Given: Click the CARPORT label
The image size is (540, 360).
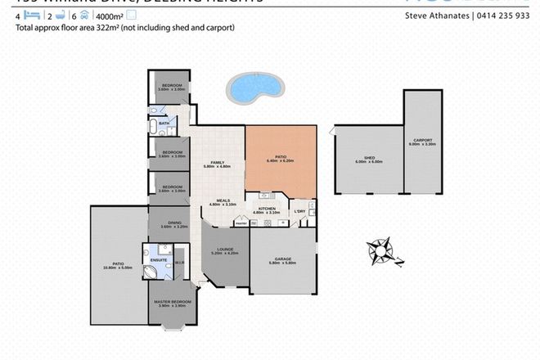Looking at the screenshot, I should tap(424, 140).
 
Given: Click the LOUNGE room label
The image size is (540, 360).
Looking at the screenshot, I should tap(224, 249).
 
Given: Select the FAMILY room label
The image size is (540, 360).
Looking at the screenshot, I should tap(217, 162).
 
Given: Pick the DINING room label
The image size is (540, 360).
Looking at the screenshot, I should tap(174, 222).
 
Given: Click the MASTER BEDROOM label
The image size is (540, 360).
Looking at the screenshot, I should tap(173, 302).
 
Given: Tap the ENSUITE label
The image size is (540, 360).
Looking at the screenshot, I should tap(160, 260).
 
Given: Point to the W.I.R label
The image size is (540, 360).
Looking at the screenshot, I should tap(179, 263).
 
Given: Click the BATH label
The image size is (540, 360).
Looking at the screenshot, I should tap(164, 124).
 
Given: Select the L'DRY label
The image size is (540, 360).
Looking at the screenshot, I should tap(300, 211).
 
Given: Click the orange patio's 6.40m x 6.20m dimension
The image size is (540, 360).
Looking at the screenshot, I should tap(279, 162).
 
